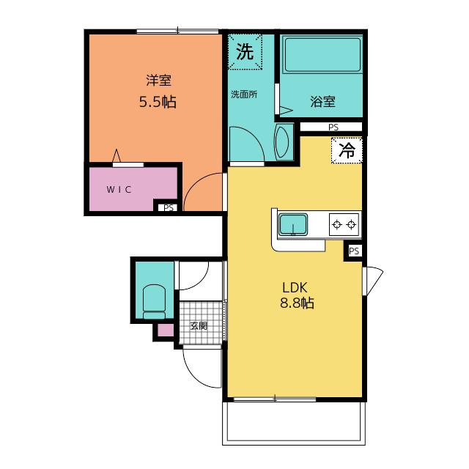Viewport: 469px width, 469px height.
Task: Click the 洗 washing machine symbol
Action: (x=245, y=52)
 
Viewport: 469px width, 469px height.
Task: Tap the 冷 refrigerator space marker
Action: (x=347, y=150)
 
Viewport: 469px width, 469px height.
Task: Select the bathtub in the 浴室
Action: (x=322, y=54)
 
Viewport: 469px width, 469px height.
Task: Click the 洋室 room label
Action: (x=158, y=81)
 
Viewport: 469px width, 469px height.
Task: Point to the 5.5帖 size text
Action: (x=158, y=102)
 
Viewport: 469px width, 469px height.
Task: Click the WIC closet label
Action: (x=119, y=189)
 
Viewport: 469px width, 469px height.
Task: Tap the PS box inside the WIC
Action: (x=168, y=207)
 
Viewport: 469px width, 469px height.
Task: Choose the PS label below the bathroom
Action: (x=333, y=127)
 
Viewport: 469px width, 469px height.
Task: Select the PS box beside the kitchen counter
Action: (x=354, y=251)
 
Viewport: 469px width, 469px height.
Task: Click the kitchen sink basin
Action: (x=293, y=224)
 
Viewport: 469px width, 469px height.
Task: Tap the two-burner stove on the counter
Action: (x=344, y=224)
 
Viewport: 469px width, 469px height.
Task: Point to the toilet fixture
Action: (x=154, y=301)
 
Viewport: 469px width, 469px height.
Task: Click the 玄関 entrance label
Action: (x=199, y=325)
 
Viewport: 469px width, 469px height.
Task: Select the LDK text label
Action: (x=295, y=287)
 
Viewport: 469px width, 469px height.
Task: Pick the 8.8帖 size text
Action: (x=297, y=303)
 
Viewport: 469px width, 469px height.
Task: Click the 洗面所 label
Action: (x=244, y=95)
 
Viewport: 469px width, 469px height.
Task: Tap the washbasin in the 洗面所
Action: (x=281, y=142)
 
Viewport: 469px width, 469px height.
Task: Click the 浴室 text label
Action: (x=322, y=102)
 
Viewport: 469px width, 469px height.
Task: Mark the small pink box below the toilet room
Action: (x=166, y=330)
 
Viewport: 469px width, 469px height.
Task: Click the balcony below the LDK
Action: (x=294, y=423)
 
